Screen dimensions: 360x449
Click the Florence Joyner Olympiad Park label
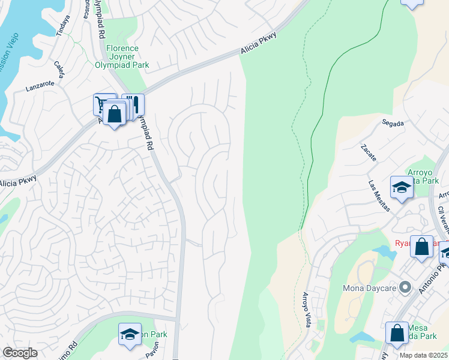122,56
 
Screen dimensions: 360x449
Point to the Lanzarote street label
40,86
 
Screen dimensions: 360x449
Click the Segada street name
393,123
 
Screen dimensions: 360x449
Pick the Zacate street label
369,153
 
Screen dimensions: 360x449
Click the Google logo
20,353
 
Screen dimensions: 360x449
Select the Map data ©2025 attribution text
423,355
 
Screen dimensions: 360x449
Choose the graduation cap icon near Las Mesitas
402,187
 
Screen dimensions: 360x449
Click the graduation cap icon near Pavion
130,335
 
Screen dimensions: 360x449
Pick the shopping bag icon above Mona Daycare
422,246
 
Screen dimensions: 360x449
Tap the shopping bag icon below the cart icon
114,113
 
